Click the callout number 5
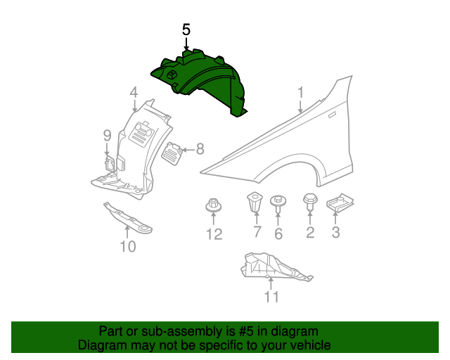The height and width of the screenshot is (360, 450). [186, 30]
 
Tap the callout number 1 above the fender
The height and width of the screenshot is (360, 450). [300, 92]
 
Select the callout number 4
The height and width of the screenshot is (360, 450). [134, 92]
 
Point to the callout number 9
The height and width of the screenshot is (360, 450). [107, 135]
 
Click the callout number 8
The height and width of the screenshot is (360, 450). [200, 148]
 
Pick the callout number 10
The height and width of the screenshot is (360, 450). [127, 246]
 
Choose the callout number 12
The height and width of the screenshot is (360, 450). [214, 234]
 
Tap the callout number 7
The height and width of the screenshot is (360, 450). [257, 233]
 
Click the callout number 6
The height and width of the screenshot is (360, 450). [278, 234]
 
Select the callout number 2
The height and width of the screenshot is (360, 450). [310, 233]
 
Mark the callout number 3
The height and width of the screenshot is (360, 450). [336, 233]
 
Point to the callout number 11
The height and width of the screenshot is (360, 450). [271, 297]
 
